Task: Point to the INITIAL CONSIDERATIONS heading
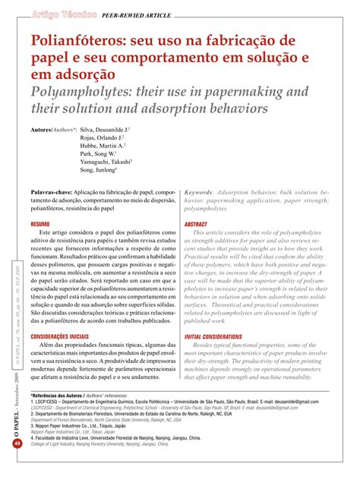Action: click(225, 336)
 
